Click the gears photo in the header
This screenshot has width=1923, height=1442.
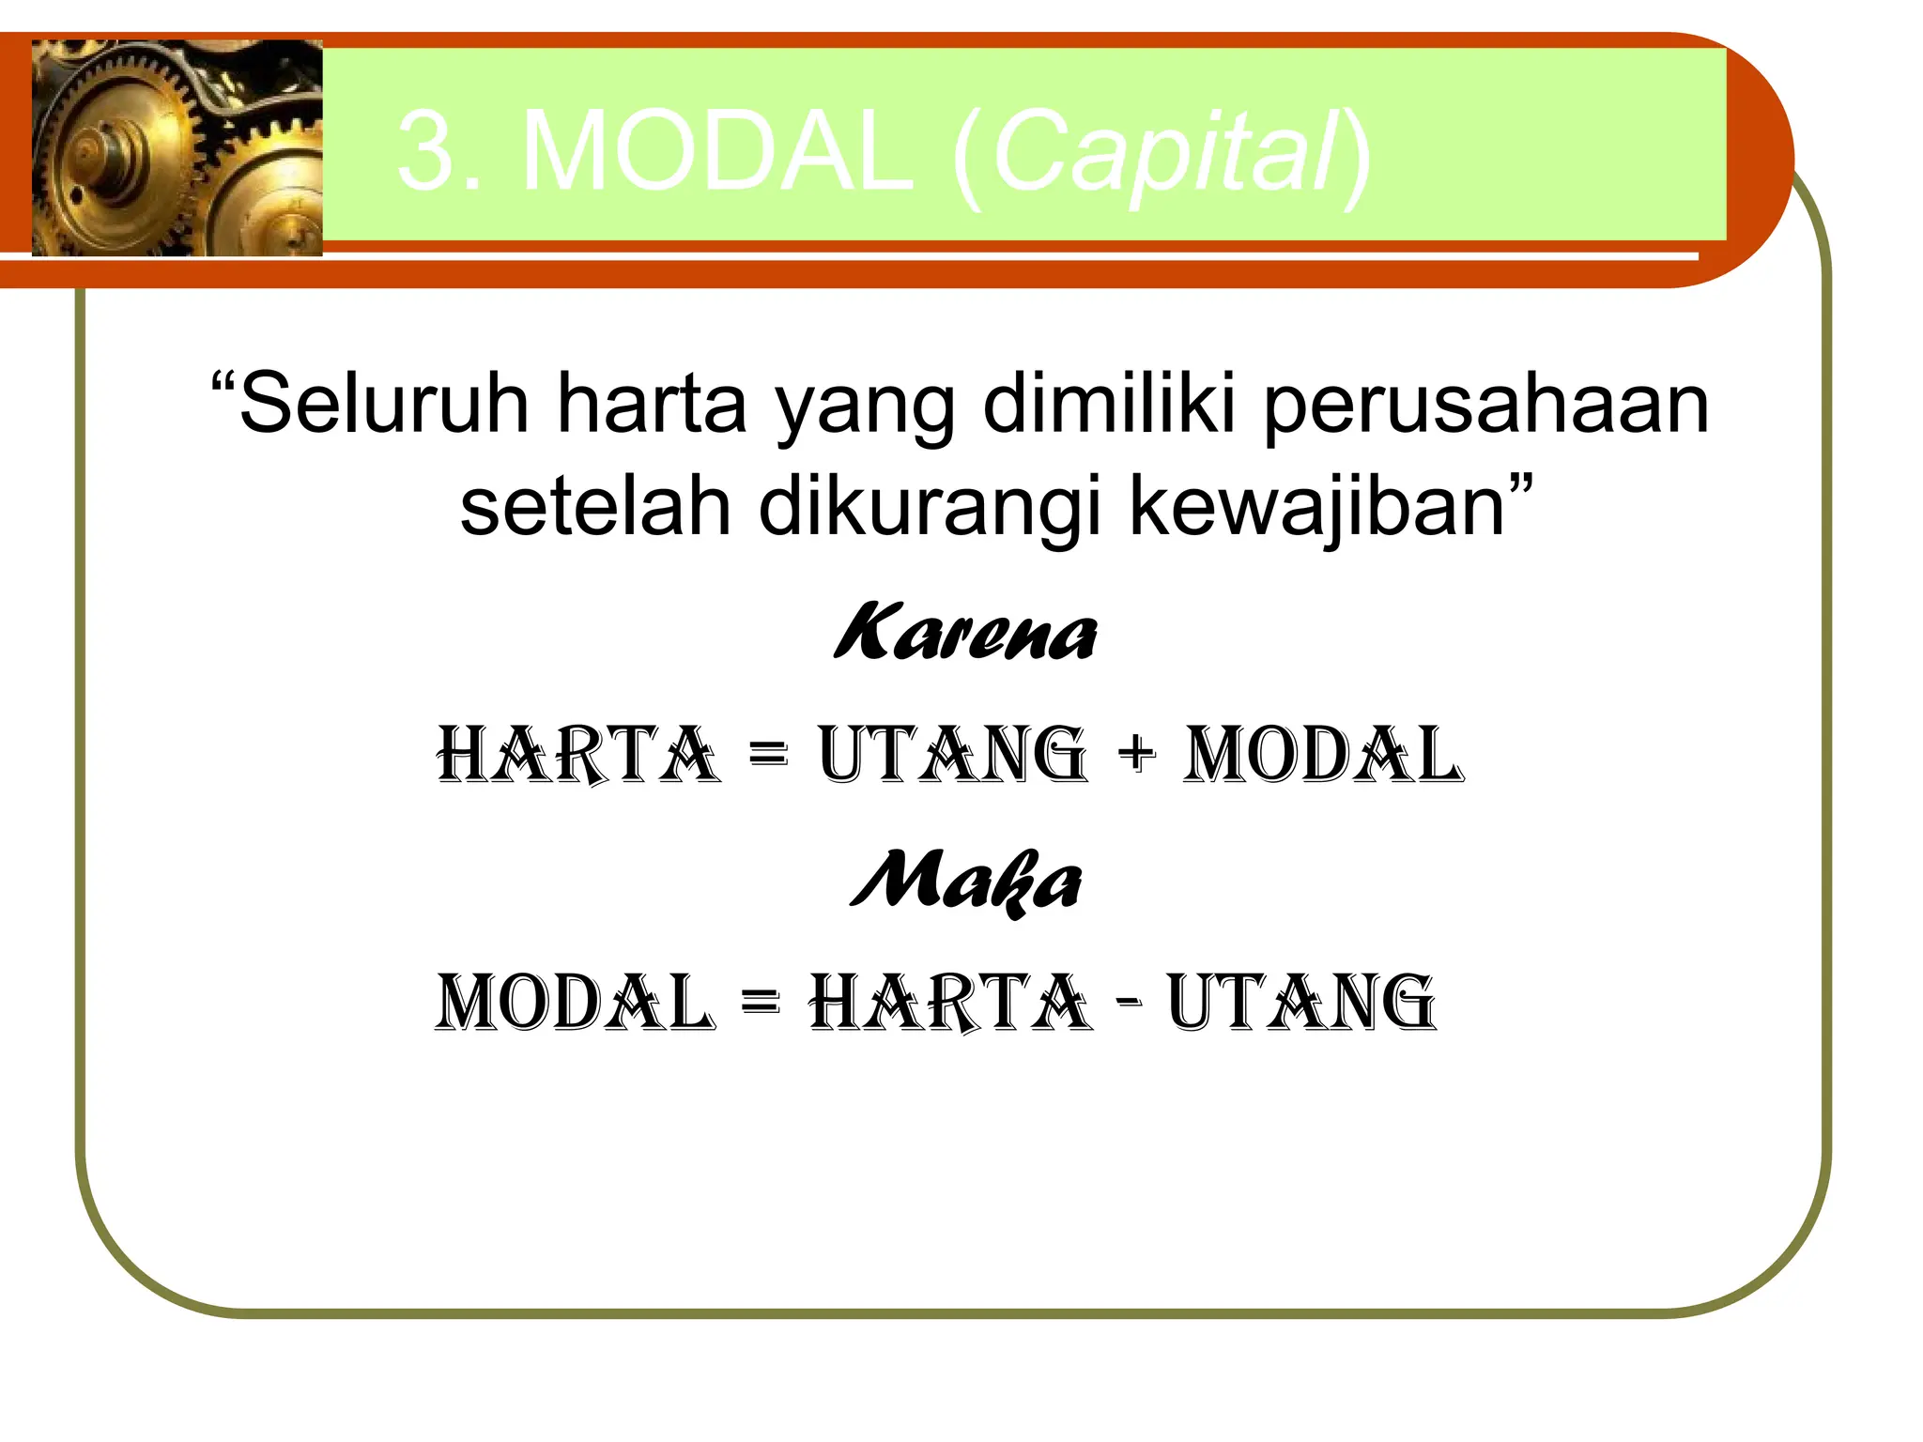177,148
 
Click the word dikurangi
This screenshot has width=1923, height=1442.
930,508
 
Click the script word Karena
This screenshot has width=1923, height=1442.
965,632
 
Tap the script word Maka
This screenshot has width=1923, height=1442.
966,881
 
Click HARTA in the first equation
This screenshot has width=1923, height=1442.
578,755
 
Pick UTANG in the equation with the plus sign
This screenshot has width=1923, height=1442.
952,755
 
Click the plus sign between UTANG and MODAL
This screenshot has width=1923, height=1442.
1136,754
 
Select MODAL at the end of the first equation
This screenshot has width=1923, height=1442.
1322,755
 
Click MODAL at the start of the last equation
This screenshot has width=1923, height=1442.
575,1003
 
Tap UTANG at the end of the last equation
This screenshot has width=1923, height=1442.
1301,1003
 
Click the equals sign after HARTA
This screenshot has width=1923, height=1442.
769,754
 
